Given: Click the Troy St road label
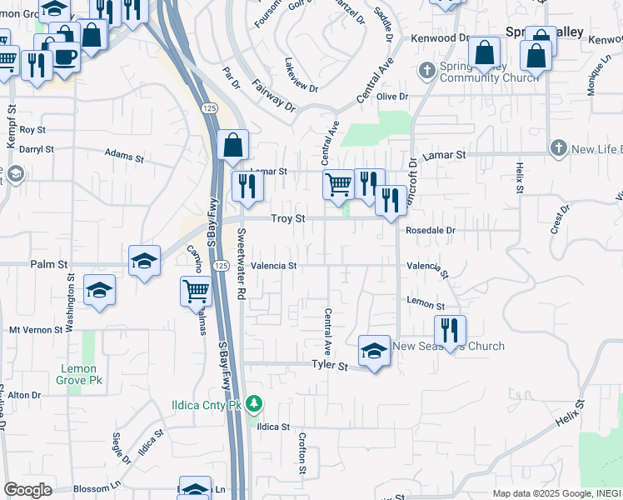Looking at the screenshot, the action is coord(290,218).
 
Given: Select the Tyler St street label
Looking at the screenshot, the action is coord(329,365).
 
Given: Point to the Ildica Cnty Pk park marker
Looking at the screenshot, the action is coord(255,406).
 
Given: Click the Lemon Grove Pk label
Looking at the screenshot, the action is coord(79,374).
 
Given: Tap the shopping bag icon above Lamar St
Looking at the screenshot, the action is coord(233,145).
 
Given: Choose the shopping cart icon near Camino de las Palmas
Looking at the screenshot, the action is coord(196,291).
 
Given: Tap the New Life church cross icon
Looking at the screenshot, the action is coord(559,148).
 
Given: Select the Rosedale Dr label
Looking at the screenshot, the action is coord(431,230).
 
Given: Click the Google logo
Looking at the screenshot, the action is coord(27,490).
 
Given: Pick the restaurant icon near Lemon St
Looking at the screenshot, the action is coord(449,328).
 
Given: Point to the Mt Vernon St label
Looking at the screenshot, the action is coord(36,330).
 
